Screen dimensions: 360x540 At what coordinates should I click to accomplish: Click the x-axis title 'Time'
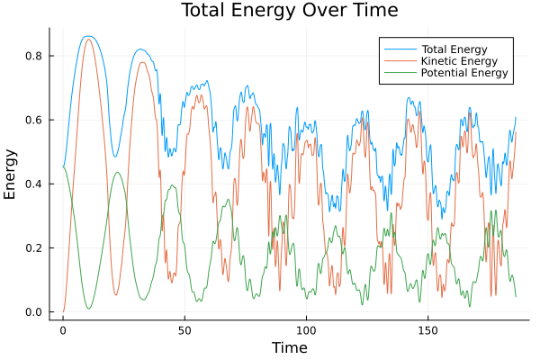[289, 347]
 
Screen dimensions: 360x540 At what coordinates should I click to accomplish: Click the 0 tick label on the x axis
[63, 330]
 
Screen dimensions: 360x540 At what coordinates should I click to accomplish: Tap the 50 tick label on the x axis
[184, 330]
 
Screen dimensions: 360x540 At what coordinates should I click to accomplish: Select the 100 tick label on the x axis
[306, 330]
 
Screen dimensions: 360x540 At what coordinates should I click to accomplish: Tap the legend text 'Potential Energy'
[465, 73]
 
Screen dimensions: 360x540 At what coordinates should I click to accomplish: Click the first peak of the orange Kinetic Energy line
[87, 39]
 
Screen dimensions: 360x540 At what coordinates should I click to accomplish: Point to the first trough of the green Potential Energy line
[88, 309]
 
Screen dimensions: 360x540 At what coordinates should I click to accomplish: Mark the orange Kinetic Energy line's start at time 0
[63, 312]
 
